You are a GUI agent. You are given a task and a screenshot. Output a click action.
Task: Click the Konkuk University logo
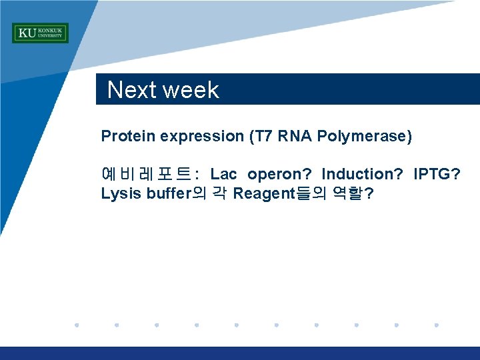tap(40, 33)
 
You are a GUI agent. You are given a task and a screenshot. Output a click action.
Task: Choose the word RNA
tap(294, 137)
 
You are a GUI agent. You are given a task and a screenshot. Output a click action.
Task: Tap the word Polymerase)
tap(365, 137)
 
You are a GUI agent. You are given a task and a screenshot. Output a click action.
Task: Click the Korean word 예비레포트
tap(145, 175)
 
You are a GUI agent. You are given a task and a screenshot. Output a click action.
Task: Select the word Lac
tap(223, 175)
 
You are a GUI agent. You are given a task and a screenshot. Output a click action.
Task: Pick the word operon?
tap(279, 175)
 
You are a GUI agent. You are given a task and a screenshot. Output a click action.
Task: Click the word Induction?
tap(362, 175)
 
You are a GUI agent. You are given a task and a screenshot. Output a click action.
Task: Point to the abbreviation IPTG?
tap(437, 175)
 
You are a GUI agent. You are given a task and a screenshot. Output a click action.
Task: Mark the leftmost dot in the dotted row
tap(77, 325)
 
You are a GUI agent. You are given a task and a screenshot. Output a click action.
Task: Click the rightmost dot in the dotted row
tap(437, 325)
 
